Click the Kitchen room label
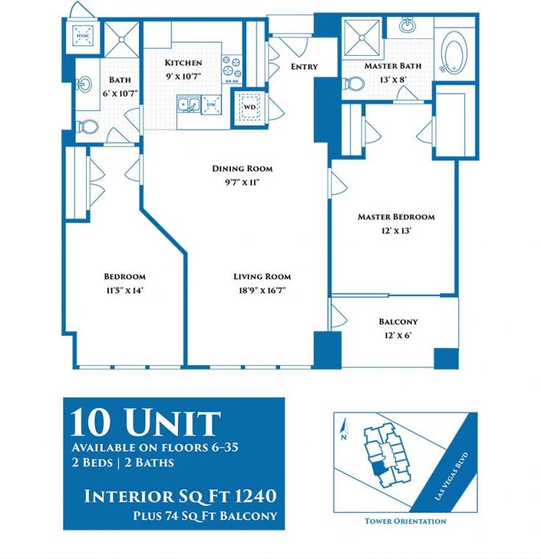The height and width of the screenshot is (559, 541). tap(183, 63)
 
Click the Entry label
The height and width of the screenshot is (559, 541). tap(304, 67)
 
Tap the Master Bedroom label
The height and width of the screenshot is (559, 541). tap(395, 217)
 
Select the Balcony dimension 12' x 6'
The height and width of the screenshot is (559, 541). tap(398, 335)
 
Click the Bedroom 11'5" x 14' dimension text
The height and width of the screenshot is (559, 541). tap(124, 290)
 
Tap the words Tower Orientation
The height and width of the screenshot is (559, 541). tap(405, 522)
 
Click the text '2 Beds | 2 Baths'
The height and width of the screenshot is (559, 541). tap(122, 464)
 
